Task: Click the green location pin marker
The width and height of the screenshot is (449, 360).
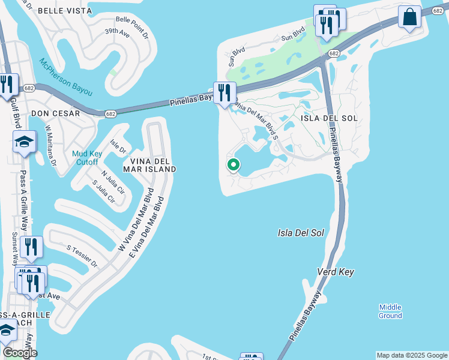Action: [x=233, y=164]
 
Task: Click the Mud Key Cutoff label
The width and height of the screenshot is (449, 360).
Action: [x=88, y=157]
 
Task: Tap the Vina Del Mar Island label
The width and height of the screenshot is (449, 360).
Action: [x=149, y=165]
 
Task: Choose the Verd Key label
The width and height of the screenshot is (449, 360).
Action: [x=336, y=272]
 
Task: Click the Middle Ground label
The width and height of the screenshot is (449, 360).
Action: [x=390, y=311]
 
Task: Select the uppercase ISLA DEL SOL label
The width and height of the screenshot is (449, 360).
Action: [x=329, y=118]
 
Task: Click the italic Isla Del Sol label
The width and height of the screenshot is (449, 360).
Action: [x=301, y=232]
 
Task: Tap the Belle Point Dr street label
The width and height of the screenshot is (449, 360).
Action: [x=132, y=27]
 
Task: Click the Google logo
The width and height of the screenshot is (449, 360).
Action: [x=19, y=353]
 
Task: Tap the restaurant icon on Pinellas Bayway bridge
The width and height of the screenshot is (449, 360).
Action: [x=224, y=92]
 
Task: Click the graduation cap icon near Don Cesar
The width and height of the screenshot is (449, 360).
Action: [x=24, y=142]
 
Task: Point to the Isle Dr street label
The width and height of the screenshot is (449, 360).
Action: [x=118, y=146]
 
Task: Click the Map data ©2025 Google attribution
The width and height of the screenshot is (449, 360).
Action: [x=412, y=355]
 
